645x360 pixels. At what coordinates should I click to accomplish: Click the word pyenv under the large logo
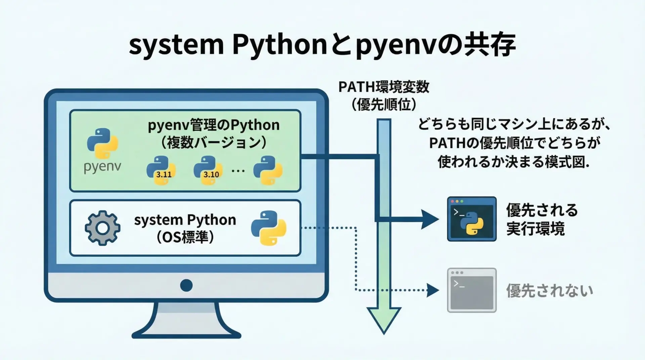point(102,167)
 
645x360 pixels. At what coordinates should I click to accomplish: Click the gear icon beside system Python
point(102,228)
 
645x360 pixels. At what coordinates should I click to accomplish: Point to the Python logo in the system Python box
point(269,228)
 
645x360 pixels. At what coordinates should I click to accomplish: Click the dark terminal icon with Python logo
point(472,219)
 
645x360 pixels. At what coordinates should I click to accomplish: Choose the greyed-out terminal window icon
point(472,290)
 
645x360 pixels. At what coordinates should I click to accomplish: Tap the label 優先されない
point(550,291)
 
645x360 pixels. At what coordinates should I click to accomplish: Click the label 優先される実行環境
point(542,219)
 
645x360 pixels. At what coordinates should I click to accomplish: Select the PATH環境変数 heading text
point(384,87)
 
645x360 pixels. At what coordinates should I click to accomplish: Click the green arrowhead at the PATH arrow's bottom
point(384,319)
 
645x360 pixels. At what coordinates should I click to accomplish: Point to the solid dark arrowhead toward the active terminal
point(430,219)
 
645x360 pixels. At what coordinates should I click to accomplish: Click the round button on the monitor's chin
point(186,285)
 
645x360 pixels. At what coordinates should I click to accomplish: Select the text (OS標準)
point(185,237)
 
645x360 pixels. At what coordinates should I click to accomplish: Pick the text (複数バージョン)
point(214,142)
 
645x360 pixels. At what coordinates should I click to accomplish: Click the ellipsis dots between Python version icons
point(238,171)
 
